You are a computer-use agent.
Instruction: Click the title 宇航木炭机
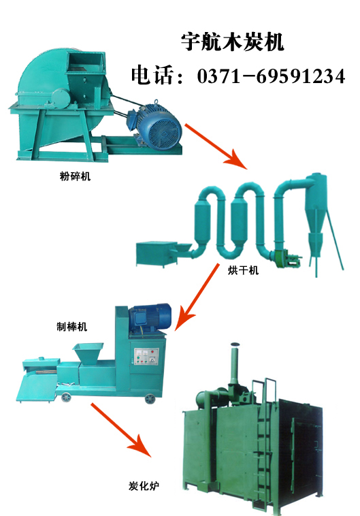pyautogui.click(x=232, y=42)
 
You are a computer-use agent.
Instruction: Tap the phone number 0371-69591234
pyautogui.click(x=271, y=76)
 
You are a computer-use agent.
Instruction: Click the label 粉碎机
pyautogui.click(x=75, y=176)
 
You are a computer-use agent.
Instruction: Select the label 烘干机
pyautogui.click(x=244, y=270)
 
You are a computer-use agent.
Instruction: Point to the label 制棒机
pyautogui.click(x=71, y=327)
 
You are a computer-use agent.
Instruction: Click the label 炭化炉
pyautogui.click(x=144, y=486)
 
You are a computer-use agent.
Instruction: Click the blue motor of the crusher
pyautogui.click(x=154, y=125)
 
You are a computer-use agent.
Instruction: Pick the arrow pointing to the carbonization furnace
pyautogui.click(x=121, y=430)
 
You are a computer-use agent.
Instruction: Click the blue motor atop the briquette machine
pyautogui.click(x=150, y=317)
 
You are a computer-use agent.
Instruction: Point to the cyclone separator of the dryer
pyautogui.click(x=315, y=214)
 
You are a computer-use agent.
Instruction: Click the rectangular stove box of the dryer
pyautogui.click(x=157, y=253)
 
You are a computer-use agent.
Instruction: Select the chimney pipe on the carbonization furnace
pyautogui.click(x=235, y=362)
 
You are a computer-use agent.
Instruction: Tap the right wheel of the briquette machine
pyautogui.click(x=150, y=398)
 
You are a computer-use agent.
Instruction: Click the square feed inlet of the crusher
pyautogui.click(x=86, y=61)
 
